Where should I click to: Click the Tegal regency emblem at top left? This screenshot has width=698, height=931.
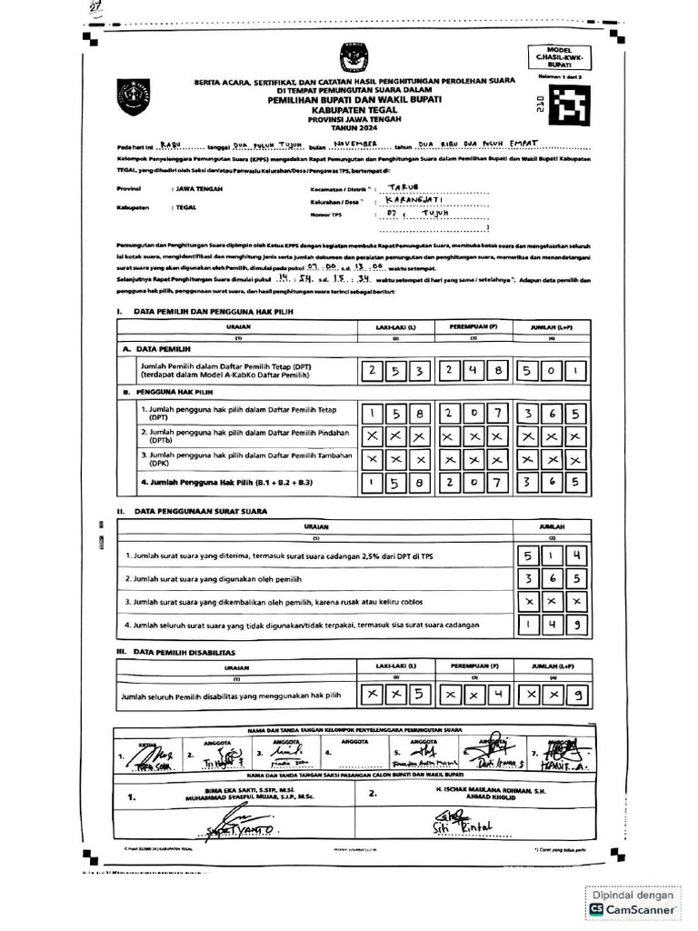[x=134, y=94]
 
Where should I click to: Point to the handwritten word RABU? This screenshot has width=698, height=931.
[x=170, y=144]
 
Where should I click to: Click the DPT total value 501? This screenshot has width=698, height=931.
[x=549, y=371]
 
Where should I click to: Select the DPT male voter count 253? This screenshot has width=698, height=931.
[x=394, y=371]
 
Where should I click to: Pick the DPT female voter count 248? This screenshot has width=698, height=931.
[x=472, y=371]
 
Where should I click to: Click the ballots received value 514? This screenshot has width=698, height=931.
[x=551, y=555]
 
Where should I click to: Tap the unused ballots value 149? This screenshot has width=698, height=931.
[x=551, y=625]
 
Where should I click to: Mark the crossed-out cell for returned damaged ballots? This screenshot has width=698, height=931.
[x=551, y=602]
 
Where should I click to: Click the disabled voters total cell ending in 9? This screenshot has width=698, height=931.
[x=549, y=696]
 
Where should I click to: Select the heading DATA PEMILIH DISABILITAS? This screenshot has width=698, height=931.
[x=184, y=652]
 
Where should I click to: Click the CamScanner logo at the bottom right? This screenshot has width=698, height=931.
[x=633, y=908]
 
